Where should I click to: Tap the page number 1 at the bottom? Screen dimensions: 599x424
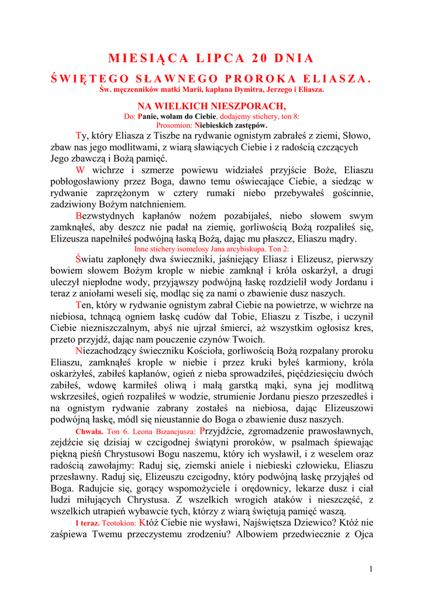[x=371, y=569]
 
